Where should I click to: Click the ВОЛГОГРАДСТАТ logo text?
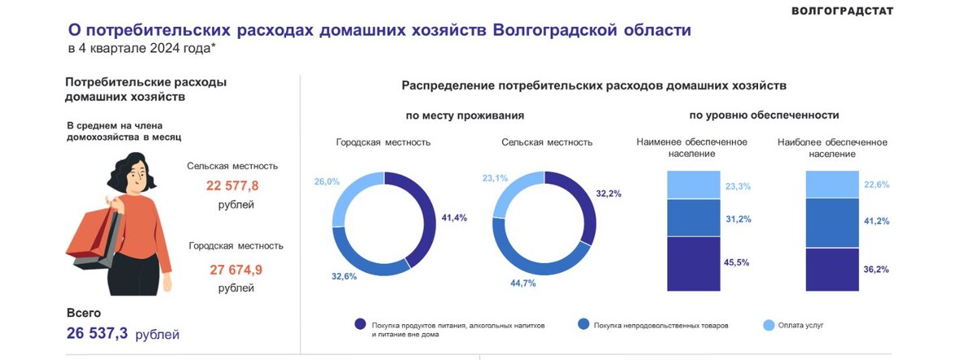842,11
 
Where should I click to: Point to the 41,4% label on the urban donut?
453,218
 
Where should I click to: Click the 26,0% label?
327,181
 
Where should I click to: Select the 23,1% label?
495,177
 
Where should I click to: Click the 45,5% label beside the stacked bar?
737,263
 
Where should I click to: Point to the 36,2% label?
877,269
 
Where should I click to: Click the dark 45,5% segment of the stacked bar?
693,263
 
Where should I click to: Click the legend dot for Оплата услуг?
769,324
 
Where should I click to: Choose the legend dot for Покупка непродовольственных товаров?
583,324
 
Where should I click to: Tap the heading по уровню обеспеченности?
764,115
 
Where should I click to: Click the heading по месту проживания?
465,115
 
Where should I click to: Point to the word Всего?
83,312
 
